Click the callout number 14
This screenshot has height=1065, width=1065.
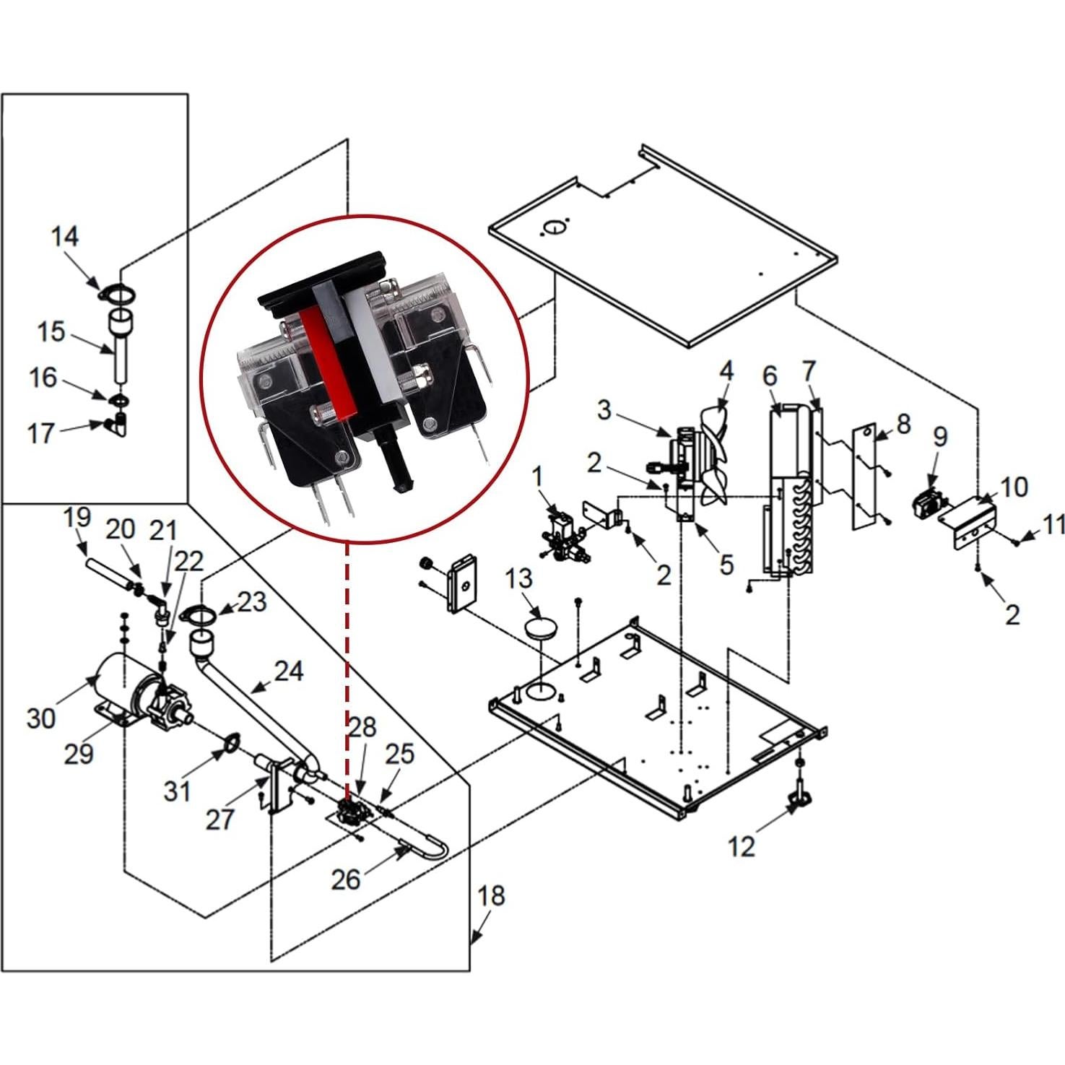pyautogui.click(x=64, y=237)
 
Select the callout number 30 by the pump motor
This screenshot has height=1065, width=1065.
pyautogui.click(x=40, y=718)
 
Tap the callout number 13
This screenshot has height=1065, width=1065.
pyautogui.click(x=518, y=578)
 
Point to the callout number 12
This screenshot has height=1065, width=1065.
pyautogui.click(x=742, y=846)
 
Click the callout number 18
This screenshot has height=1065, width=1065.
pyautogui.click(x=491, y=897)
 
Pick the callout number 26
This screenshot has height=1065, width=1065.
pyautogui.click(x=345, y=879)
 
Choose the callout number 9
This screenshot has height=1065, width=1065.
pyautogui.click(x=939, y=437)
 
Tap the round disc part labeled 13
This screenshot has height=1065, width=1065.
pyautogui.click(x=542, y=627)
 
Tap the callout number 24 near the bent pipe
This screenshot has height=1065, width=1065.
pyautogui.click(x=289, y=671)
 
